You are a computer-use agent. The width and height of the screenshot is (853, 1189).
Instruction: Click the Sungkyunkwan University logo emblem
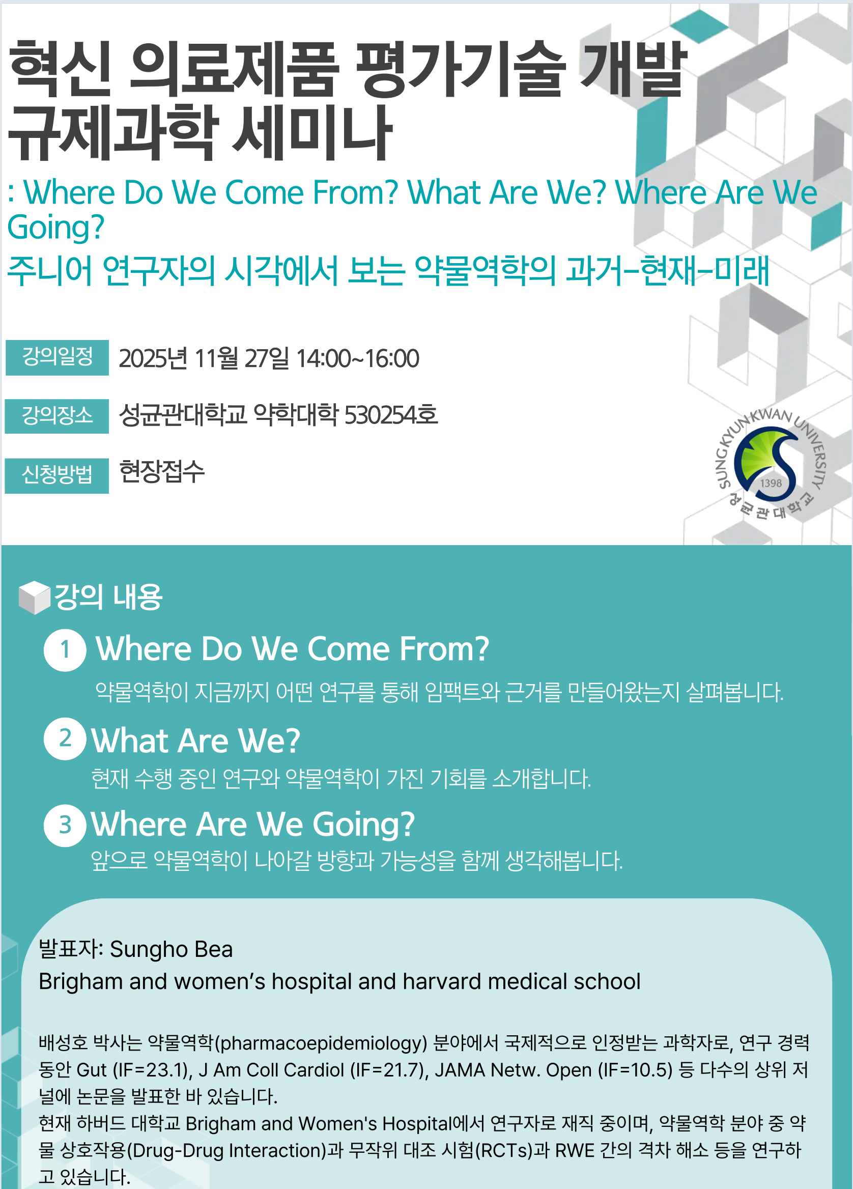pyautogui.click(x=770, y=464)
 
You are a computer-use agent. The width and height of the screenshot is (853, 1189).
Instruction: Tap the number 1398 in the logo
pyautogui.click(x=771, y=483)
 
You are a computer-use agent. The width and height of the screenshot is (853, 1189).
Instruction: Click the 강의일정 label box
pyautogui.click(x=57, y=357)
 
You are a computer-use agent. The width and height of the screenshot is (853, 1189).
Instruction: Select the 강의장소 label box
pyautogui.click(x=57, y=416)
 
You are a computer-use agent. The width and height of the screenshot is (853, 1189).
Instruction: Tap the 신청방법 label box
pyautogui.click(x=57, y=475)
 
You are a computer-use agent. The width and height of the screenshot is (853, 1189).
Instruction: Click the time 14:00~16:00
pyautogui.click(x=358, y=359)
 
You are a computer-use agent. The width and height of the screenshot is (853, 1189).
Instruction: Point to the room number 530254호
pyautogui.click(x=390, y=415)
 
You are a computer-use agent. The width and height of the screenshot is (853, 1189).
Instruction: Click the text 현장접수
pyautogui.click(x=161, y=471)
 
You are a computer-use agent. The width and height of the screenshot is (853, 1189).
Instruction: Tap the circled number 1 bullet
pyautogui.click(x=65, y=650)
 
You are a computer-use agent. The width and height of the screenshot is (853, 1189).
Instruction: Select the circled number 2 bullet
pyautogui.click(x=65, y=738)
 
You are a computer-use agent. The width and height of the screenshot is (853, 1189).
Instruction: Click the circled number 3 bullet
pyautogui.click(x=65, y=825)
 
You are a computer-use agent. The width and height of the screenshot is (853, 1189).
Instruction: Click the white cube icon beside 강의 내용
pyautogui.click(x=35, y=597)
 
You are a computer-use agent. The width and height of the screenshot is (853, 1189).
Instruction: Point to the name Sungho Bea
pyautogui.click(x=171, y=949)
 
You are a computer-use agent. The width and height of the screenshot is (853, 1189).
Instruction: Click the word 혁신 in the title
pyautogui.click(x=60, y=69)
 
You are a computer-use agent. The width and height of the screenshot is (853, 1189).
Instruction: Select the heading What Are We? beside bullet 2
pyautogui.click(x=196, y=740)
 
